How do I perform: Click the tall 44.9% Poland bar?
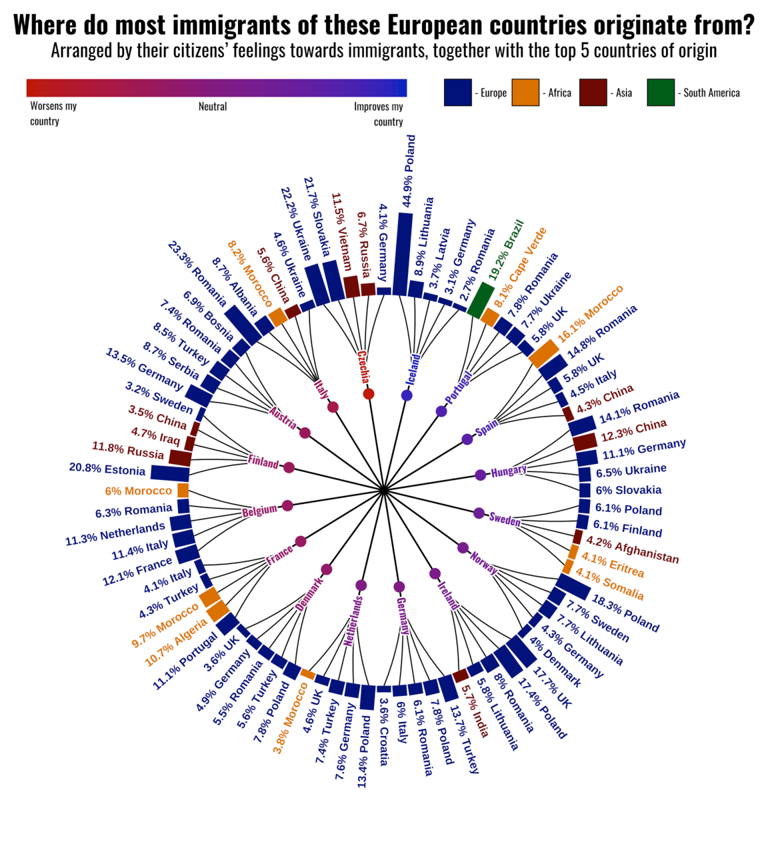tap(402, 253)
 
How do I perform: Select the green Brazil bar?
tap(480, 300)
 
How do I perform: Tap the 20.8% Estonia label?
tap(107, 469)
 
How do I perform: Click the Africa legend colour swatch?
tap(525, 93)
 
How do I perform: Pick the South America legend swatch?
tap(660, 93)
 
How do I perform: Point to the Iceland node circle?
tap(407, 395)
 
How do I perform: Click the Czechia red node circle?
tap(369, 394)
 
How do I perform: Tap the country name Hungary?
tap(509, 471)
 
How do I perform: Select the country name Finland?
tap(263, 461)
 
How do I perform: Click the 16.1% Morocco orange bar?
tap(544, 353)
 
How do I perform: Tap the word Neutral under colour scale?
tap(213, 107)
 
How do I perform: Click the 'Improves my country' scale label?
tap(379, 114)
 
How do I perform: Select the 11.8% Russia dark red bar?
tap(180, 457)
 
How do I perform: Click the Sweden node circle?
tap(479, 513)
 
